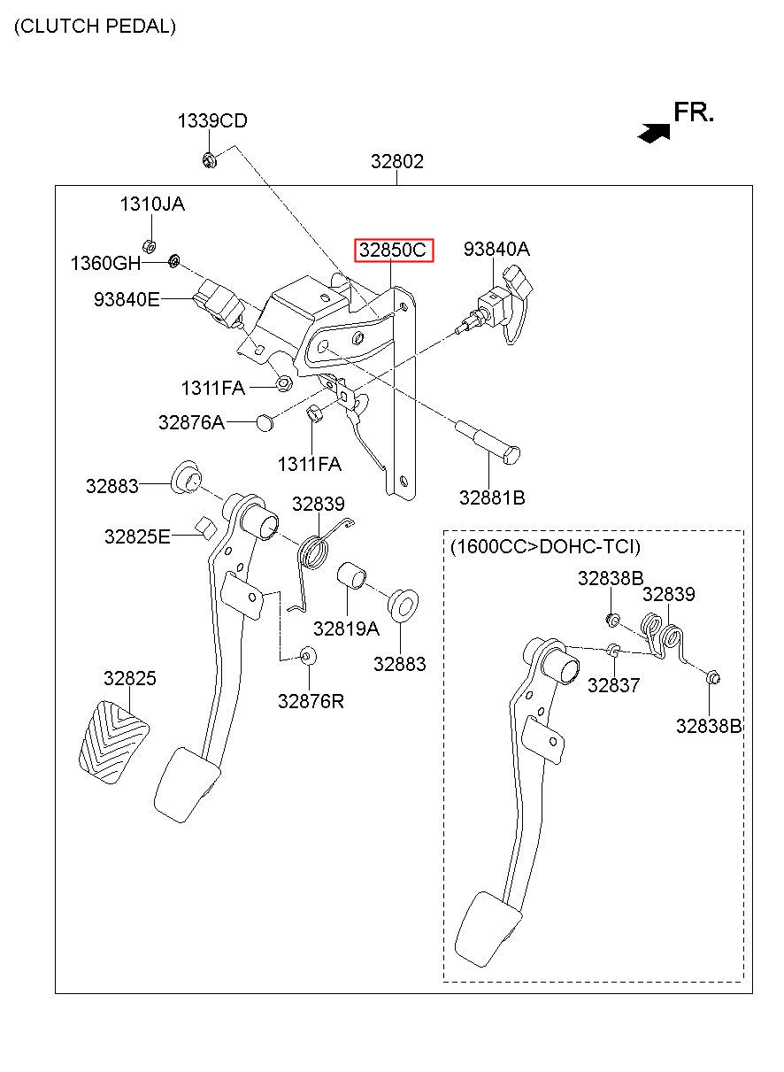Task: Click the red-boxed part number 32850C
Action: coord(393,250)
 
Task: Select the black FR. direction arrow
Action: coord(654,133)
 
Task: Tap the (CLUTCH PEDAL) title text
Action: coord(95,26)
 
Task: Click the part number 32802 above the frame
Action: coord(397,161)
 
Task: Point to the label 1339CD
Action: coord(212,120)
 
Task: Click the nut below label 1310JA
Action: coord(150,246)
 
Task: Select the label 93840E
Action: coord(127,299)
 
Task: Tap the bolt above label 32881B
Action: coord(488,441)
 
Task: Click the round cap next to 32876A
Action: coord(265,422)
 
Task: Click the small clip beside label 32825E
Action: coord(205,528)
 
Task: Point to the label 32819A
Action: coord(346,629)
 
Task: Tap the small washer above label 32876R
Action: coord(308,655)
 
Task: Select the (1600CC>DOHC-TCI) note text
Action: coord(545,546)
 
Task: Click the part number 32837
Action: coord(613,685)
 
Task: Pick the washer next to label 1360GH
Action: coord(174,261)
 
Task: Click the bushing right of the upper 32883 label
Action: coord(185,478)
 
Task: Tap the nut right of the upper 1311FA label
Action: coord(285,382)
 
